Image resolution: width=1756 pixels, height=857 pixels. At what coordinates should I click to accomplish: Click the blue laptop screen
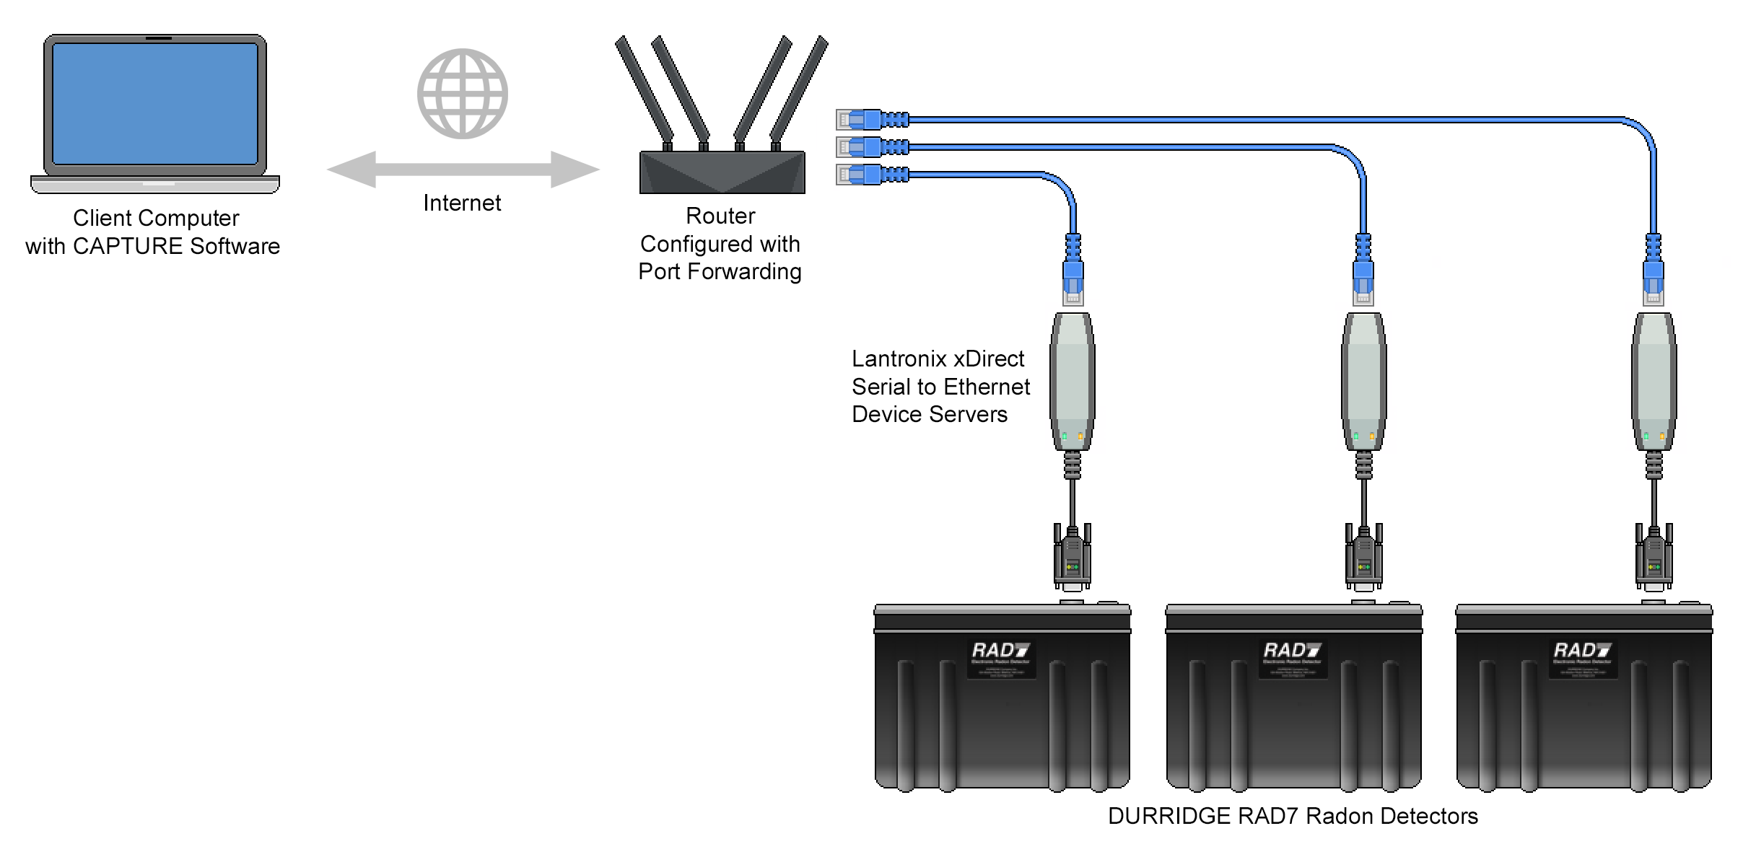[x=155, y=103]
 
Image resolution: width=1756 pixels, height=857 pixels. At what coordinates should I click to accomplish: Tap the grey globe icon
[x=463, y=94]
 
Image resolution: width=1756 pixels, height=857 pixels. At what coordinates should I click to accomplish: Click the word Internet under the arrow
[x=462, y=203]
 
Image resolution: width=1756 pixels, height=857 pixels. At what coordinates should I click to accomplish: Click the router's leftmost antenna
[x=644, y=89]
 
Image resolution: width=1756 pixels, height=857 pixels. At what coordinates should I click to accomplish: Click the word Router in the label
[x=720, y=216]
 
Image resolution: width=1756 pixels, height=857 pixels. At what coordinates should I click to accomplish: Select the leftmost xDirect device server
[x=1073, y=381]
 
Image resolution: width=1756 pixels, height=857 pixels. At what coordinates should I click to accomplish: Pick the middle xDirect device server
[x=1363, y=381]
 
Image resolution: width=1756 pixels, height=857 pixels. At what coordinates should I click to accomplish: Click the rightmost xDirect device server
[x=1654, y=381]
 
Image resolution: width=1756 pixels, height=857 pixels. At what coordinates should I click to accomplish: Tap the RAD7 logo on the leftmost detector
[x=1001, y=651]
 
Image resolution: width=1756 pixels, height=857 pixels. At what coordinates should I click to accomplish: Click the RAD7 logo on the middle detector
[x=1292, y=651]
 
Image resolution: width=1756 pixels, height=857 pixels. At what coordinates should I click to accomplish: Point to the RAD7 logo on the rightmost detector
[x=1583, y=651]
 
